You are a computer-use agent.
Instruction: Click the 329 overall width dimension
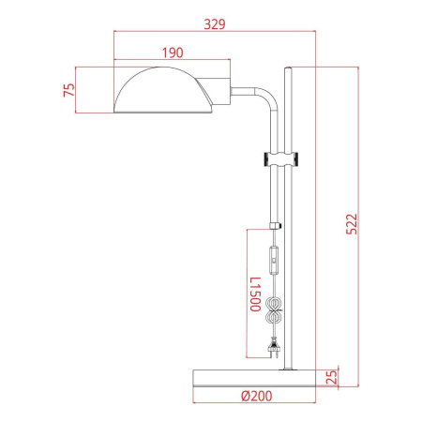click(215, 23)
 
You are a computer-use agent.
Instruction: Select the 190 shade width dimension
click(171, 53)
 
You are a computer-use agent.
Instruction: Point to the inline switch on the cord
click(275, 259)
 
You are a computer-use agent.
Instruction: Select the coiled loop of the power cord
click(275, 311)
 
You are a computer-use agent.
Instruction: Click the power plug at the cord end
click(275, 352)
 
